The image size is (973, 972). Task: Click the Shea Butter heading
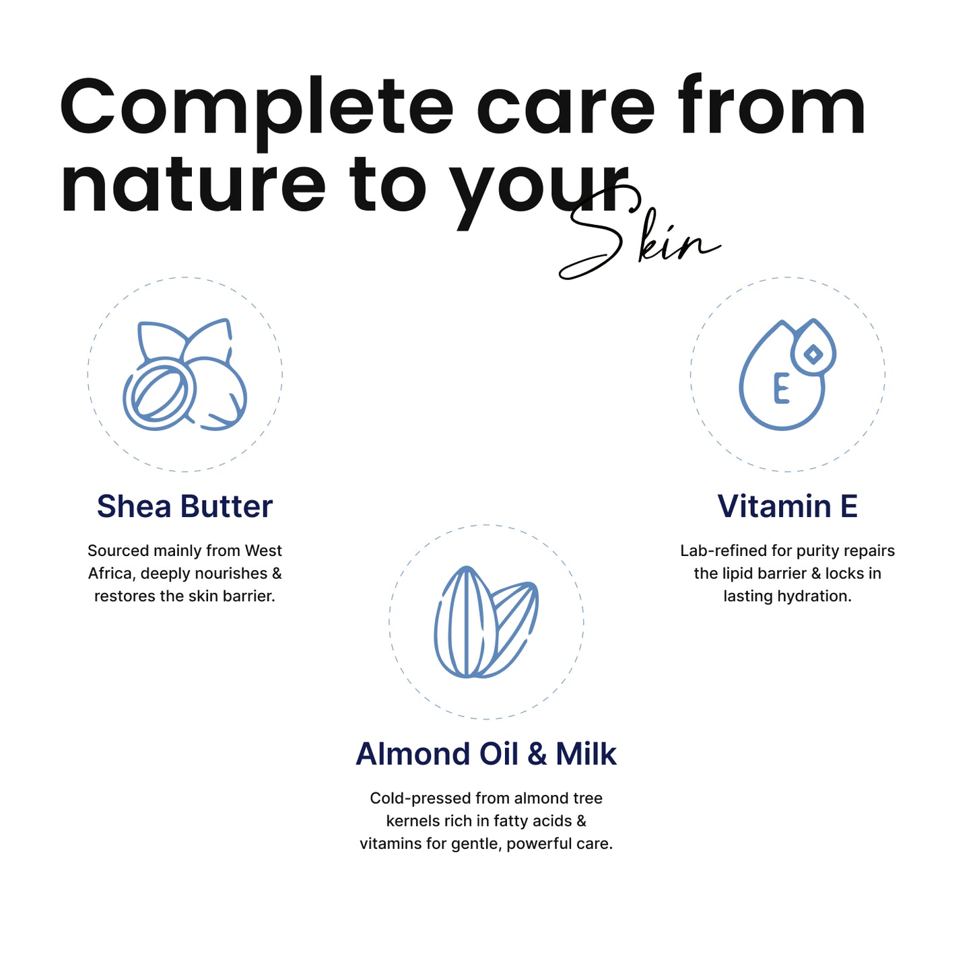tap(184, 506)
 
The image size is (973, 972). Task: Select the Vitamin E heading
tap(787, 506)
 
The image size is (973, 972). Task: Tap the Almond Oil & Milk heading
tap(485, 754)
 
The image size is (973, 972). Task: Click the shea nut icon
tap(184, 374)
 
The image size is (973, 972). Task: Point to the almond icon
tap(486, 621)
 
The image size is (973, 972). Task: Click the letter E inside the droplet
tap(781, 388)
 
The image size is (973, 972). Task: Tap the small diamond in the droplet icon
tap(813, 355)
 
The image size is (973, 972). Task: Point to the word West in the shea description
tap(263, 551)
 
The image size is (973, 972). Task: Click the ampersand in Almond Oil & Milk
tap(537, 754)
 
